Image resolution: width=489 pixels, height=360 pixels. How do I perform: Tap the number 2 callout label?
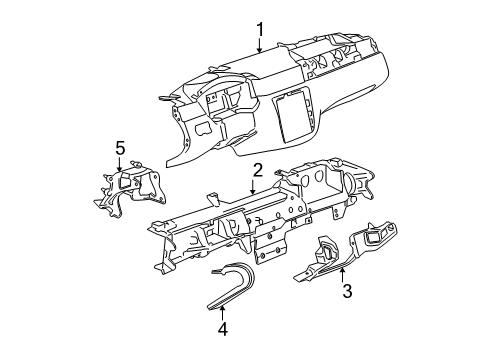[x=257, y=170]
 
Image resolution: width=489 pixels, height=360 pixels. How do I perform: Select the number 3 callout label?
[x=346, y=292]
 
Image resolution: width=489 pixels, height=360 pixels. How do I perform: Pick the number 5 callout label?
[x=119, y=149]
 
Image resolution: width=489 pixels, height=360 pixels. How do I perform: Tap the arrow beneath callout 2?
[x=255, y=184]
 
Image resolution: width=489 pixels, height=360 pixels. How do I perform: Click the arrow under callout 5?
[x=119, y=165]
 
